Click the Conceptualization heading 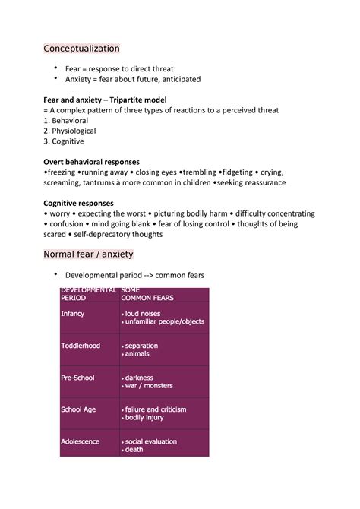(81, 49)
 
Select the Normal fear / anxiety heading (88, 254)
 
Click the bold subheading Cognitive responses (78, 204)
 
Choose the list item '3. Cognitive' (64, 141)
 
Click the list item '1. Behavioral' (66, 121)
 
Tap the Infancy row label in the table (73, 313)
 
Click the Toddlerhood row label (81, 346)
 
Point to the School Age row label (77, 409)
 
